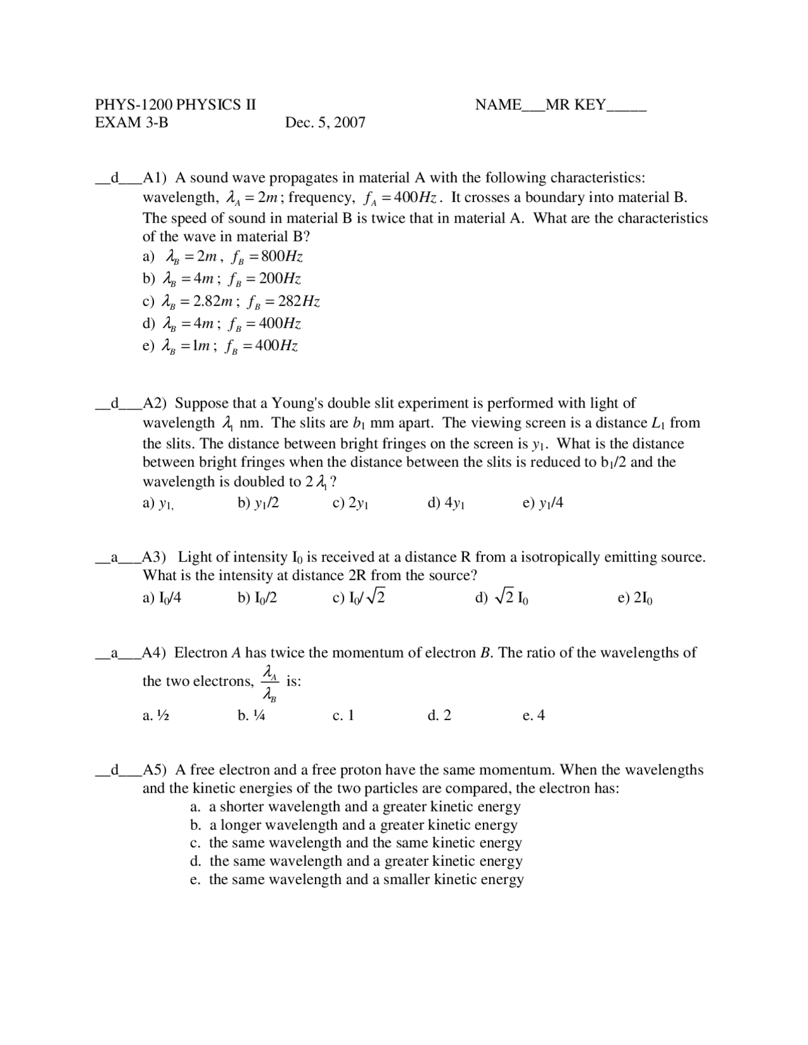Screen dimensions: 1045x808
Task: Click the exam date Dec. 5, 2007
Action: pos(325,122)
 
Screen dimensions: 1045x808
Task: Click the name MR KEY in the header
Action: pos(575,105)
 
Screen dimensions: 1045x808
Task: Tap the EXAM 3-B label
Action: pos(131,122)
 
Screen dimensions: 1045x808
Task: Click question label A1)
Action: pos(155,178)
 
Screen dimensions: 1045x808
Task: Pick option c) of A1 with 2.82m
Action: pos(231,301)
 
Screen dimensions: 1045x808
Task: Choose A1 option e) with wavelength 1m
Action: pos(220,346)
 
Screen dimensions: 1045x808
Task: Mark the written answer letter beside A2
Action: pos(115,403)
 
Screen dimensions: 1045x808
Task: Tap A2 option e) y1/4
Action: pos(543,504)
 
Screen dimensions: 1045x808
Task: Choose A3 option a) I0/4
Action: pos(162,598)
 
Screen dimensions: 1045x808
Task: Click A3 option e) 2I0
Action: pos(634,598)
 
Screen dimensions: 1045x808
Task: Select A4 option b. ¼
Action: pos(251,716)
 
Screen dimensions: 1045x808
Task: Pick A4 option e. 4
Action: pos(533,716)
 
